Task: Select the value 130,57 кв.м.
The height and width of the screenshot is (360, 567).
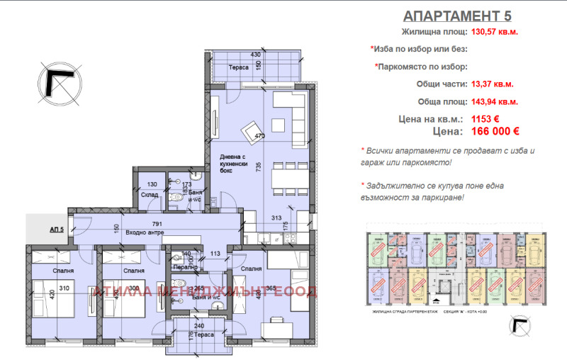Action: [496, 31]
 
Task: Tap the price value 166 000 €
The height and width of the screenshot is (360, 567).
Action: [496, 131]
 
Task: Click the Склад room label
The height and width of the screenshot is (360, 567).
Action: [148, 195]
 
